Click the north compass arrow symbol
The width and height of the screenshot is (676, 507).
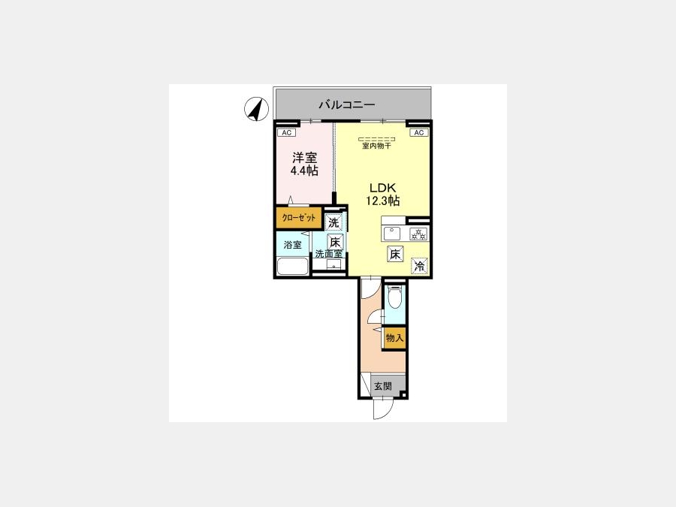click(257, 109)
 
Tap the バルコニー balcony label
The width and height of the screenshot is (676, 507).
click(346, 104)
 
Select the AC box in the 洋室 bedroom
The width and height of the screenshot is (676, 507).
click(286, 133)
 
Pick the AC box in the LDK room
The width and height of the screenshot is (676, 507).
click(419, 133)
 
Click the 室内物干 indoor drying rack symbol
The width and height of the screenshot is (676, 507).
click(377, 139)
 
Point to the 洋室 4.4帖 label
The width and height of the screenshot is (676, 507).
click(304, 164)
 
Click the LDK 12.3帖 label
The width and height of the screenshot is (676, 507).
click(382, 195)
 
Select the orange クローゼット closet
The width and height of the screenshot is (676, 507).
click(299, 218)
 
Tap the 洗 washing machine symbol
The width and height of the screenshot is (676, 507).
click(333, 222)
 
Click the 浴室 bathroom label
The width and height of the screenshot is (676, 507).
click(293, 245)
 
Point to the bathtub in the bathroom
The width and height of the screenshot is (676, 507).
click(293, 267)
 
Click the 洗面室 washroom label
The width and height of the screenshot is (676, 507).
click(328, 254)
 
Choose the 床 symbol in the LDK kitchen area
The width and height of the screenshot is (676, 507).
click(395, 255)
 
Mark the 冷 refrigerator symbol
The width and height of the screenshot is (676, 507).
click(419, 266)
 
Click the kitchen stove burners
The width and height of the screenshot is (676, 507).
click(418, 234)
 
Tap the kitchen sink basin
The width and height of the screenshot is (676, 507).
click(391, 234)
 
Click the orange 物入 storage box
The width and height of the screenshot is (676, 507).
click(394, 338)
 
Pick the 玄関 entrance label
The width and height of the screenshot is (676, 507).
click(383, 386)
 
